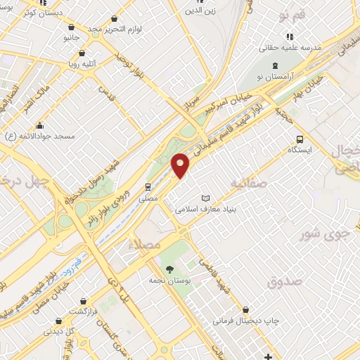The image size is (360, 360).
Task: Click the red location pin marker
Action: tap(181, 165)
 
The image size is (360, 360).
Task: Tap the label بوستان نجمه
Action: tap(170, 280)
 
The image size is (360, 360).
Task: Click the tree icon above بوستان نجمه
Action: tap(169, 269)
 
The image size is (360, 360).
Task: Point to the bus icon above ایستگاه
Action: tap(300, 139)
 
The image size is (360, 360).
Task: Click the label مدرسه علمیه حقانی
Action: tap(290, 47)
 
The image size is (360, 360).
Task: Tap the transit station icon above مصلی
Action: tap(148, 186)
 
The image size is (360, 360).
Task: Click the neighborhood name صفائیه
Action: tap(249, 181)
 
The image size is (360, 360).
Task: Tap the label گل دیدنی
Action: tap(56, 329)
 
